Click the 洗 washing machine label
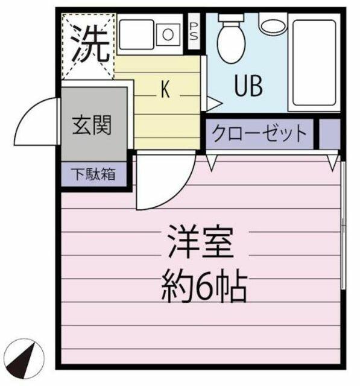pos(91,46)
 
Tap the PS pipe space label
pos(194,31)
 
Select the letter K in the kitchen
pos(165,89)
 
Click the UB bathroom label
pos(248,86)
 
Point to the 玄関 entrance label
pos(92,125)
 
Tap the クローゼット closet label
pos(259,133)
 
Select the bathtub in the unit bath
pos(315,63)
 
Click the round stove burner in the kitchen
pos(168,34)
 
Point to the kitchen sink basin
pos(136,35)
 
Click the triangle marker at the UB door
pos(213,103)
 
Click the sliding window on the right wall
pos(343,225)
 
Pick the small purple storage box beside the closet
pos(329,134)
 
